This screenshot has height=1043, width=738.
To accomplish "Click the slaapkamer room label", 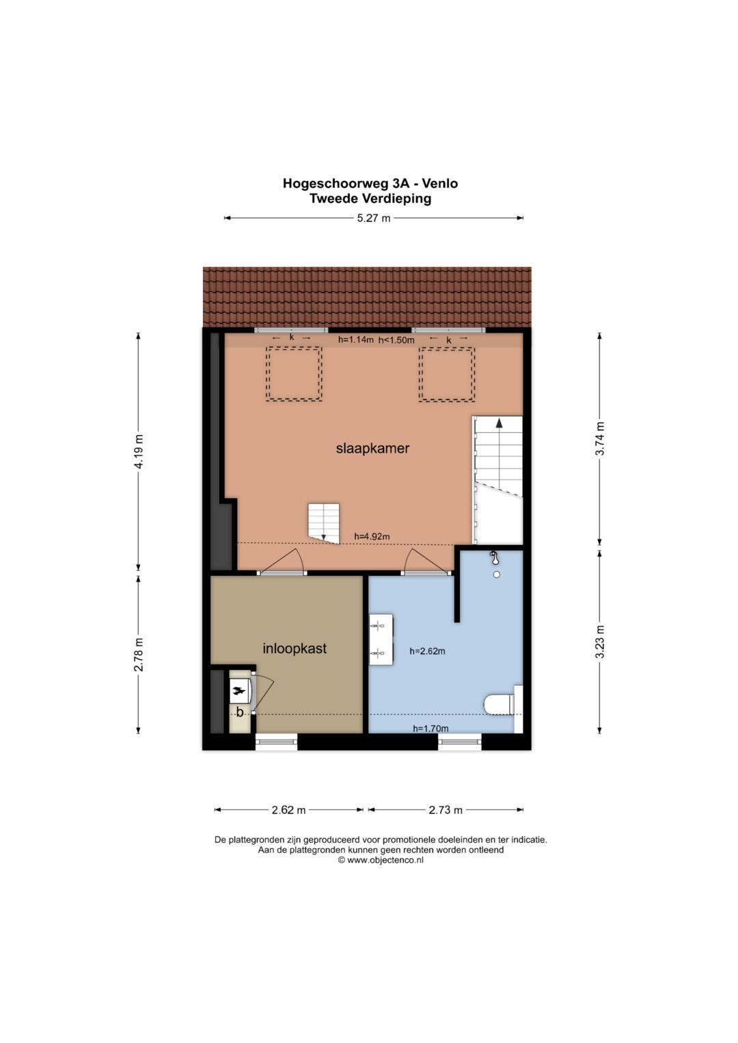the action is (x=372, y=448).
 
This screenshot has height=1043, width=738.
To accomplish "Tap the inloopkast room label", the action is (x=295, y=648).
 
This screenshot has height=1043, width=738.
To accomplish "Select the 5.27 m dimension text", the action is (x=374, y=218).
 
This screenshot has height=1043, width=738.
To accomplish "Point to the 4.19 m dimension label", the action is (x=138, y=451).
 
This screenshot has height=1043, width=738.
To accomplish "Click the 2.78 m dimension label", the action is (x=138, y=654).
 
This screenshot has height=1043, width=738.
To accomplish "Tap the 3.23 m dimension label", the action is (x=601, y=641).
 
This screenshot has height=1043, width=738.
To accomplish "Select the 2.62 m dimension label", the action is (x=289, y=810).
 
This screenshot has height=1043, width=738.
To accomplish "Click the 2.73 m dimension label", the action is (x=446, y=810).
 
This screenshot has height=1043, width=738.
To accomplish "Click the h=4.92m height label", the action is (x=372, y=536).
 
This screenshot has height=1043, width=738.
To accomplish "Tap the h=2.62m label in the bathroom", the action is (x=427, y=652).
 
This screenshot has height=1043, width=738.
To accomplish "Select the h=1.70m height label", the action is (x=430, y=729).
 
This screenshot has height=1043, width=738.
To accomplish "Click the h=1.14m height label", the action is (x=356, y=340).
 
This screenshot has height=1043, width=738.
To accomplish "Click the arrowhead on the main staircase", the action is (x=499, y=423).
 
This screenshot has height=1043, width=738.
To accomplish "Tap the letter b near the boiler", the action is (x=240, y=712).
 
